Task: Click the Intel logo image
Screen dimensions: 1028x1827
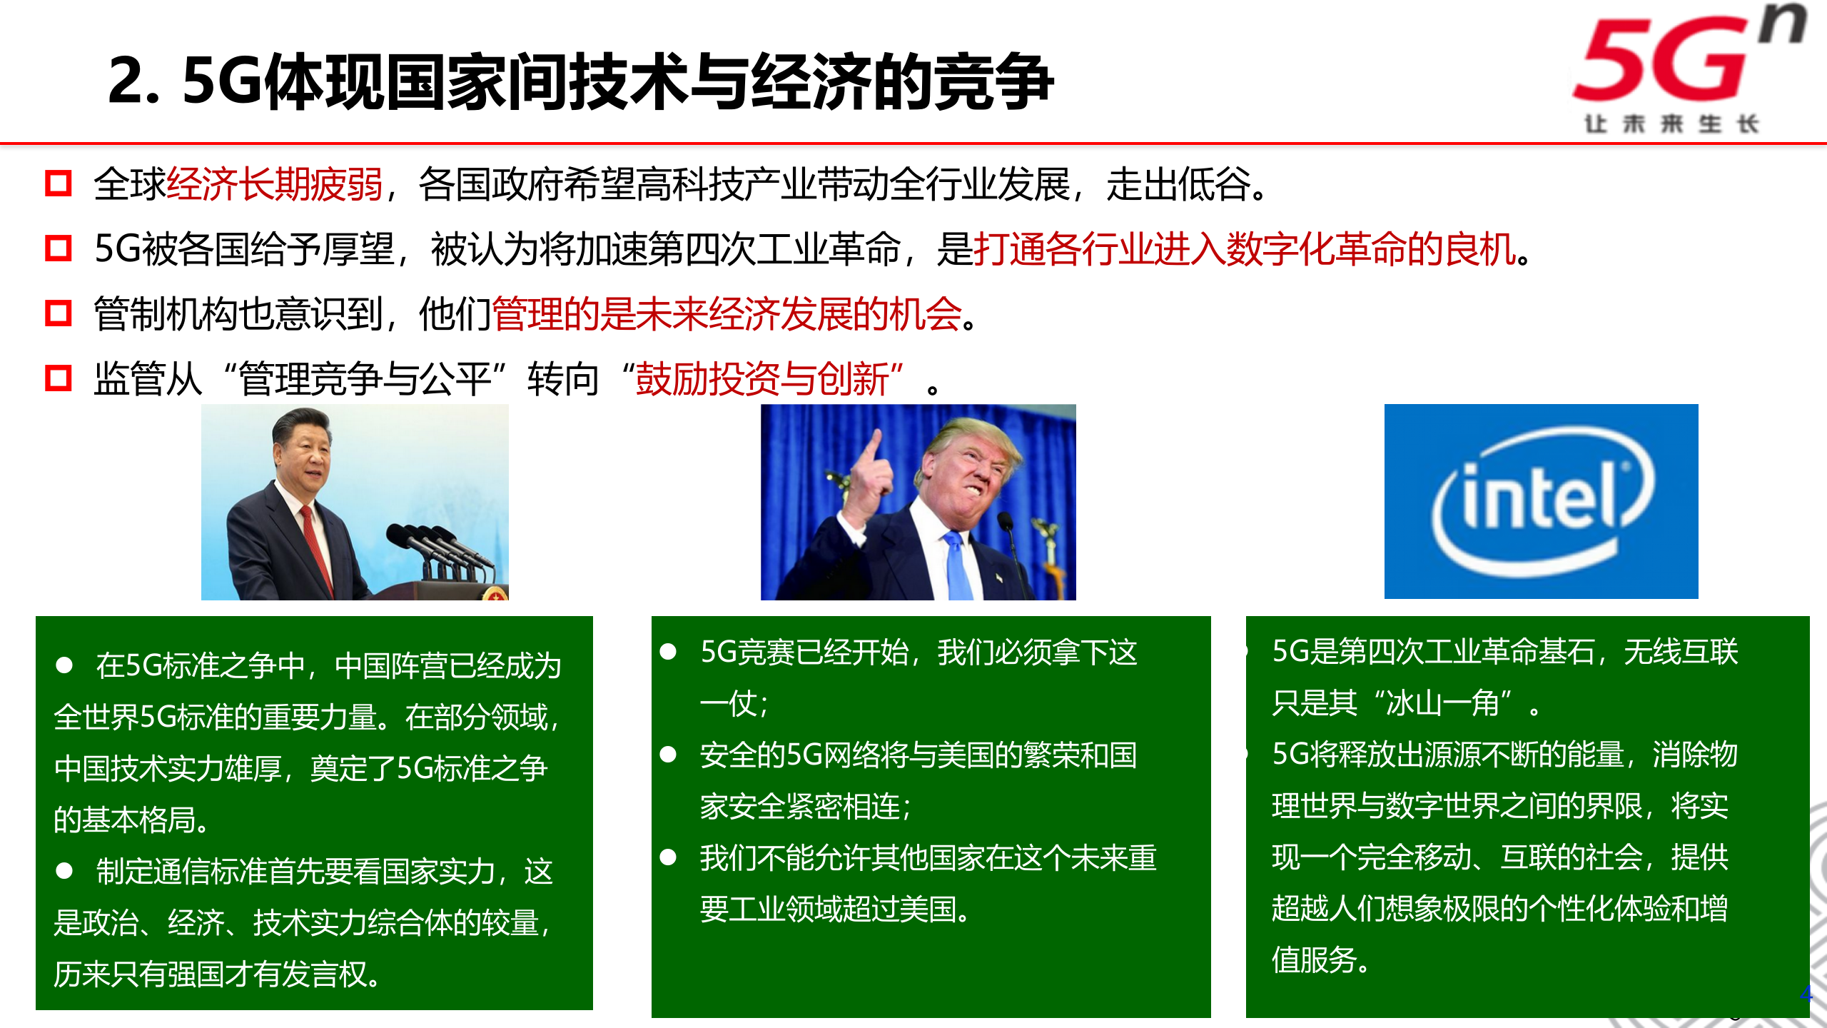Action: (1542, 501)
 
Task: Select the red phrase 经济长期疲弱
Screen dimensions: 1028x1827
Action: (275, 185)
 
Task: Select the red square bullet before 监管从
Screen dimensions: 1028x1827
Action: (58, 378)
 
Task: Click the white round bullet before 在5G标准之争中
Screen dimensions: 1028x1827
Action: (64, 665)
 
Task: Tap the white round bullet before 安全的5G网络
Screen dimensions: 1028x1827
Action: (668, 755)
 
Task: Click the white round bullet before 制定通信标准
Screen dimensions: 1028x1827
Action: (64, 871)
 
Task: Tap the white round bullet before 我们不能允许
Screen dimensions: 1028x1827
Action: (668, 857)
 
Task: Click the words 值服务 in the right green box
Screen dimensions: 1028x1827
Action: (1313, 960)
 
